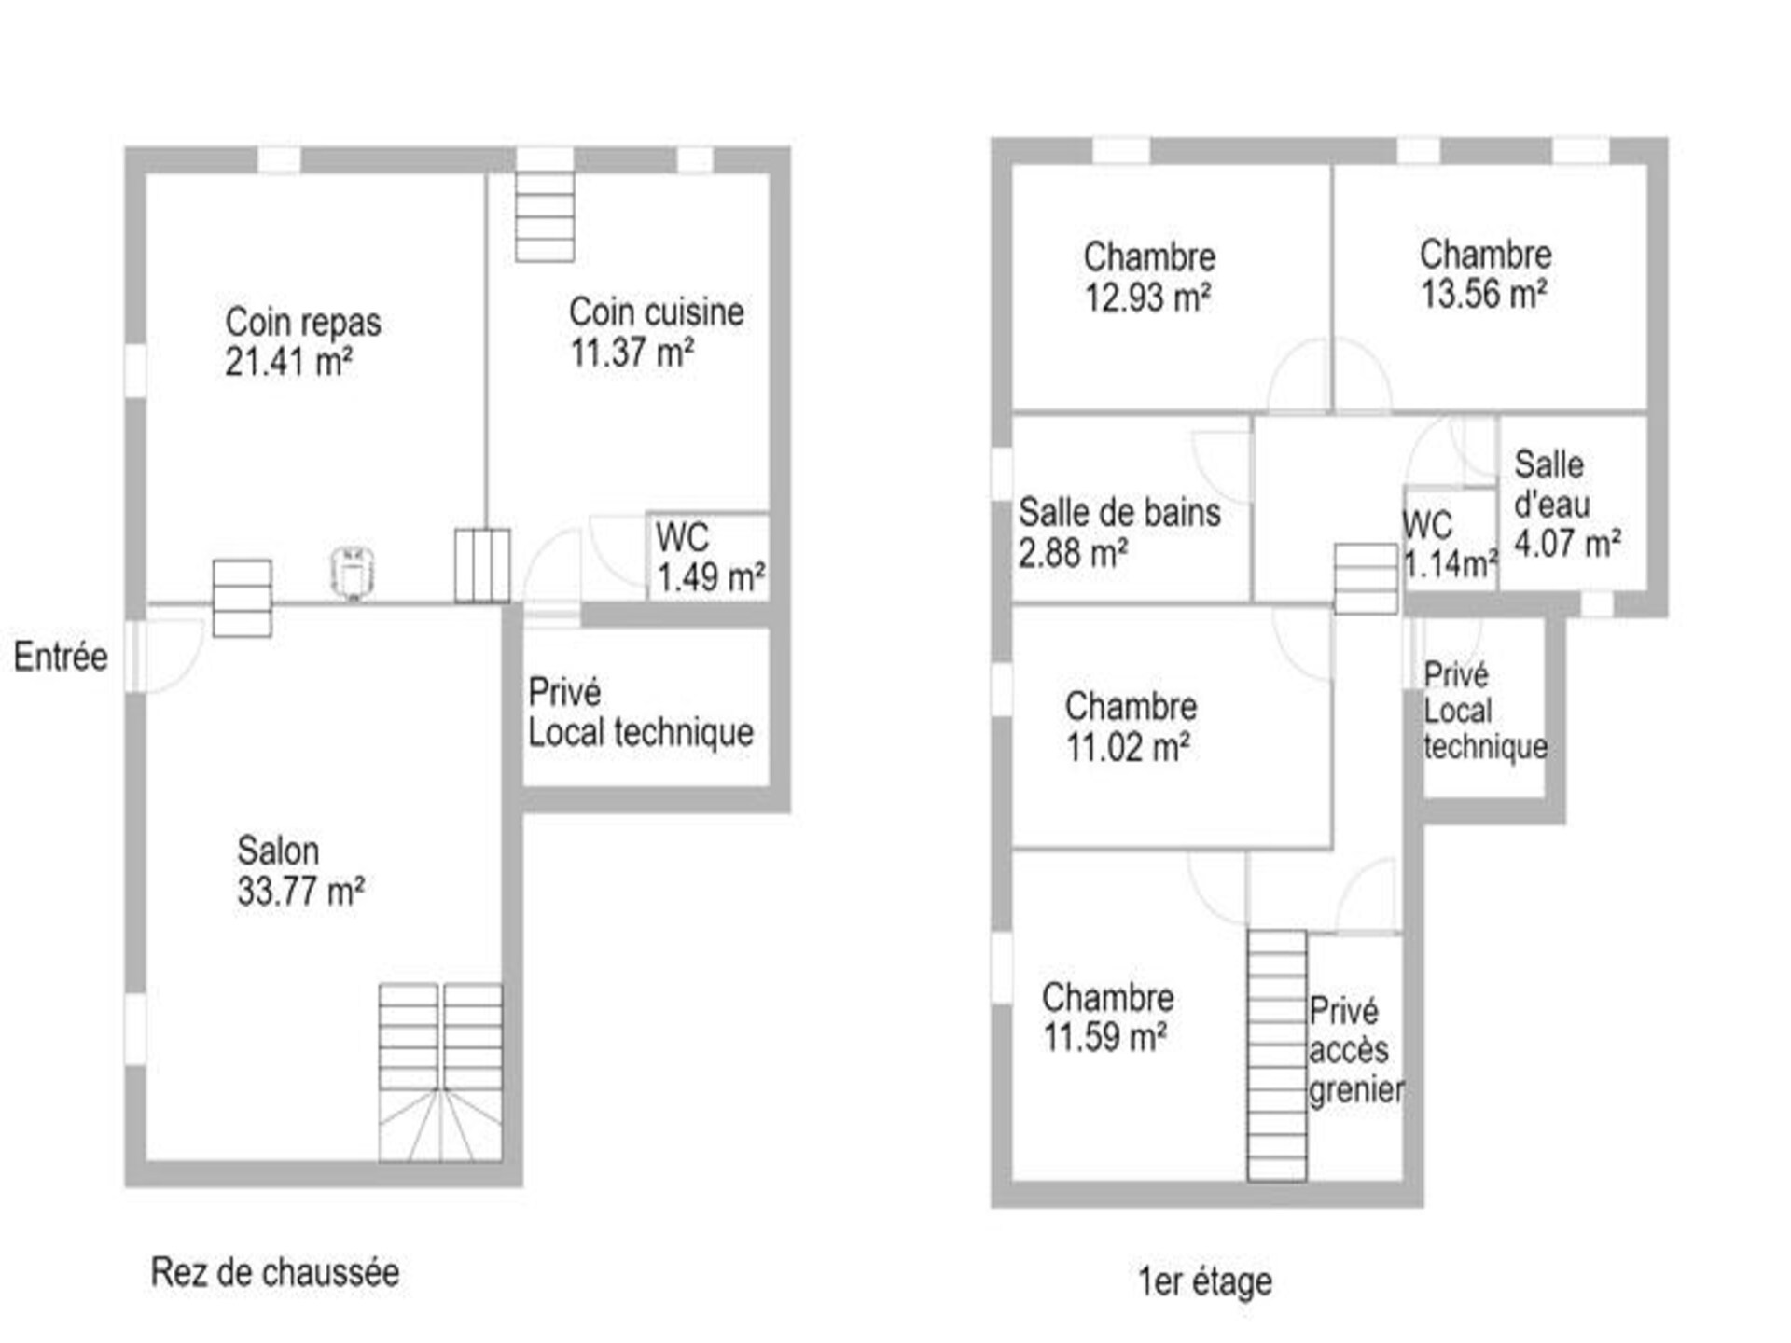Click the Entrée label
tap(61, 658)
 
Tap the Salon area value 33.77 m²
tap(300, 892)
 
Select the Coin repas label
tap(303, 323)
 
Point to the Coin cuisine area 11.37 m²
tap(632, 353)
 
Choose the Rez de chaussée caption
tap(275, 1272)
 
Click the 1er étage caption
tap(1205, 1281)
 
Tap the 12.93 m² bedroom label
tap(1149, 277)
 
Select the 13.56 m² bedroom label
tap(1485, 273)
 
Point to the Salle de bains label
tap(1119, 513)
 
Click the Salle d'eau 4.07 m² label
tap(1567, 504)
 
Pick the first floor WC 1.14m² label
tap(1451, 545)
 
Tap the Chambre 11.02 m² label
tap(1131, 727)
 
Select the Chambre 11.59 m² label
tap(1107, 1018)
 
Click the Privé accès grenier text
tap(1356, 1050)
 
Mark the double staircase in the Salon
tap(440, 1073)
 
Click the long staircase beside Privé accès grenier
tap(1277, 1056)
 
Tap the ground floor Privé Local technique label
tap(641, 713)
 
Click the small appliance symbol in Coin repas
tap(354, 572)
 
